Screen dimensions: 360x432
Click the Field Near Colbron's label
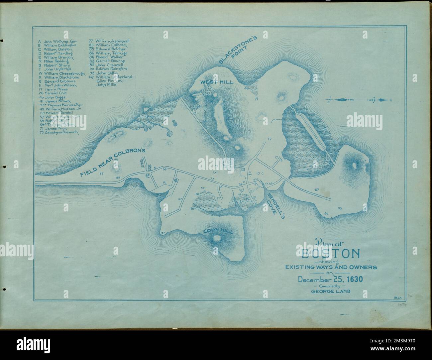[x=113, y=161]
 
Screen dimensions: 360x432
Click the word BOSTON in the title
[x=330, y=254]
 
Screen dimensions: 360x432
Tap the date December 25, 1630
[x=330, y=279]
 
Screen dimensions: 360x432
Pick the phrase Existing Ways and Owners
[x=330, y=267]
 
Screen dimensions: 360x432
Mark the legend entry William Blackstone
[x=62, y=77]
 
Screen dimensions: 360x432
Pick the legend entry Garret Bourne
[x=110, y=61]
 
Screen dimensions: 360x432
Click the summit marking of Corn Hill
[x=218, y=238]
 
